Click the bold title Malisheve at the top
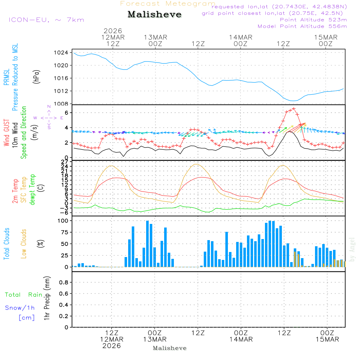155,14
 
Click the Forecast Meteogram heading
168,4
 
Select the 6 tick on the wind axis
67,113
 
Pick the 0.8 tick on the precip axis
64,283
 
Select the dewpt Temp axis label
32,190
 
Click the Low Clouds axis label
24,244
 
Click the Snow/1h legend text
20,308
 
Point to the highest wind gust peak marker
294,108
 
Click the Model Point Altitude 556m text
302,26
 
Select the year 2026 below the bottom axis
112,346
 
